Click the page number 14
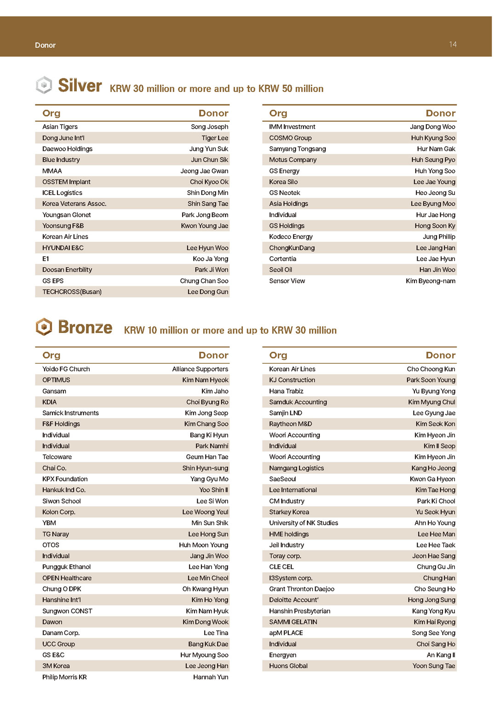coord(453,44)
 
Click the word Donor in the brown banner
coord(45,45)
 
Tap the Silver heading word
coord(80,86)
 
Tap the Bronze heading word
coord(85,327)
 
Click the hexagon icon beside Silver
coord(44,85)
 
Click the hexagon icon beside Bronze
coord(44,327)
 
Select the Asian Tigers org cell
coord(60,127)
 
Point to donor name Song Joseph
coord(209,127)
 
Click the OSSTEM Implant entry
coord(66,182)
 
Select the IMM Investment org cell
coord(292,127)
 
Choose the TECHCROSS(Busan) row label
coord(72,292)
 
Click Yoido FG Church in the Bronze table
coord(66,369)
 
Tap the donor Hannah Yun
coord(210,677)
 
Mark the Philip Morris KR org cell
coord(64,677)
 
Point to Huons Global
coord(288,666)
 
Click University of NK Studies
coord(303,523)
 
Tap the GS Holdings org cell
coord(287,226)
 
